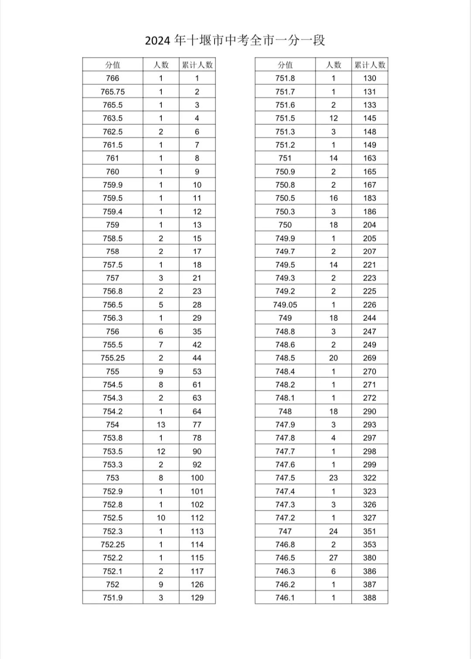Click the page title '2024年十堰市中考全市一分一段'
click(235, 41)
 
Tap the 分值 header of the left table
click(113, 65)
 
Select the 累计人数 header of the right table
click(370, 65)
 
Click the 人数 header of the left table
click(161, 65)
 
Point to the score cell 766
click(113, 78)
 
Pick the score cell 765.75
click(113, 92)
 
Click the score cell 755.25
click(113, 358)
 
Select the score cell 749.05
click(285, 305)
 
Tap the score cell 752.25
click(113, 544)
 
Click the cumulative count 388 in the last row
click(369, 598)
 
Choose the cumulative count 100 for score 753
click(197, 478)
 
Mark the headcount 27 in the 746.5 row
click(334, 558)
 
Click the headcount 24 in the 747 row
click(334, 531)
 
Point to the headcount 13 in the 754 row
click(161, 424)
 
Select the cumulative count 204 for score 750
click(369, 225)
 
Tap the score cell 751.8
click(285, 78)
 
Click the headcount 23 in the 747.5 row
click(334, 478)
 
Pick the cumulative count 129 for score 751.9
click(197, 598)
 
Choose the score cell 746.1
click(285, 598)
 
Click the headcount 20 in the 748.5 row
click(334, 358)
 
